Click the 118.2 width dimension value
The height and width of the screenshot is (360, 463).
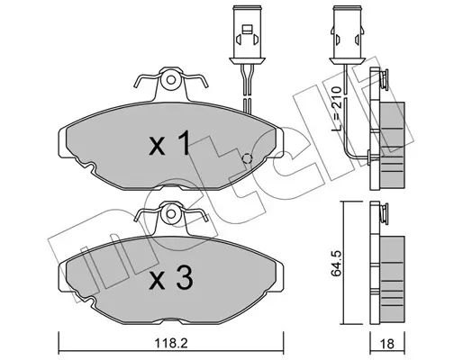[171, 343]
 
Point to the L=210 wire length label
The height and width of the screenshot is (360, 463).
[337, 110]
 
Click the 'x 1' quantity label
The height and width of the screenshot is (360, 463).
[170, 143]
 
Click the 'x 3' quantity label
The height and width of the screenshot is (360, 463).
[170, 278]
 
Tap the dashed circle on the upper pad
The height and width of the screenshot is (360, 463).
[247, 158]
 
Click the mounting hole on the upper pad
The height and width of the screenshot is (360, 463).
[171, 80]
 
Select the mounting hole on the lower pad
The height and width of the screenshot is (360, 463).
[171, 214]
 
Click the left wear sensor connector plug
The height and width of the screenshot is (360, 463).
[247, 35]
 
